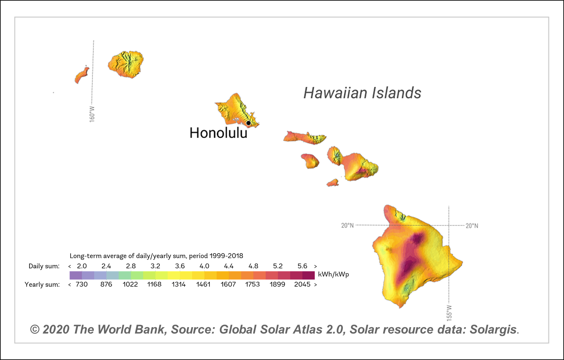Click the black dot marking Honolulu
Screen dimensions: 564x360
tap(249, 123)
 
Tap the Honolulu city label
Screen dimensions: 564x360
tap(218, 133)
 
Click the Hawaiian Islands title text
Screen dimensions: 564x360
tap(362, 93)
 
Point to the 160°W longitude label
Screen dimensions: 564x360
tap(92, 114)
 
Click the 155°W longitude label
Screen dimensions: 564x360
tap(449, 313)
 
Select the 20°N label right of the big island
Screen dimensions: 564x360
tap(472, 226)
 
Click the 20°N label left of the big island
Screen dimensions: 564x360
tap(347, 226)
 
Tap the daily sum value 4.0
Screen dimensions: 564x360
tap(204, 266)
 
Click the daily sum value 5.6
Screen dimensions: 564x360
tap(302, 266)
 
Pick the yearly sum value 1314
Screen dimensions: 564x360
tap(179, 284)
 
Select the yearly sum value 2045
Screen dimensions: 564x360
tap(302, 284)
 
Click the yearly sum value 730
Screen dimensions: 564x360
tap(82, 284)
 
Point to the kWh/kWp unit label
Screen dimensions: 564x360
tap(334, 274)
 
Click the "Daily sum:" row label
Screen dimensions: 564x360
tap(44, 266)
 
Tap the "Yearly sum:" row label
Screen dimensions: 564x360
tap(42, 284)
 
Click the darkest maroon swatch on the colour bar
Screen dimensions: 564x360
tap(308, 275)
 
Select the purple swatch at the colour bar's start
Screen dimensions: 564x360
tap(76, 275)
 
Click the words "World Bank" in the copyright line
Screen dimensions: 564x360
tap(132, 329)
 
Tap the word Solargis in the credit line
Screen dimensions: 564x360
tap(493, 329)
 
